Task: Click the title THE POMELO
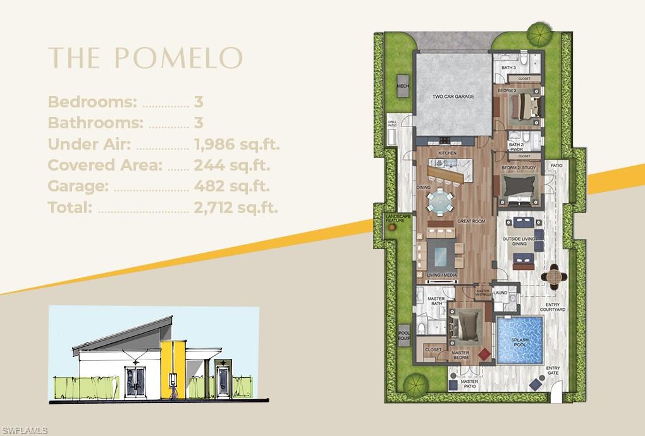click(145, 57)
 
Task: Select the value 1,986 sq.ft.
click(236, 144)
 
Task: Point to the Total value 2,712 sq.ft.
click(235, 207)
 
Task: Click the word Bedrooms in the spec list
click(92, 102)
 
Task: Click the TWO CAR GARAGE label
click(453, 97)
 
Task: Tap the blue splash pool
click(519, 340)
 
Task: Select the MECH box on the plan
click(402, 87)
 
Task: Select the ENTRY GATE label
click(553, 370)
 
